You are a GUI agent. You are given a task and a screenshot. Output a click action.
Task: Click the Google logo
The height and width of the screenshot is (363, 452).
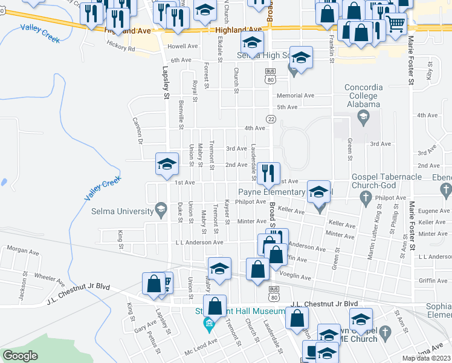pyautogui.click(x=20, y=355)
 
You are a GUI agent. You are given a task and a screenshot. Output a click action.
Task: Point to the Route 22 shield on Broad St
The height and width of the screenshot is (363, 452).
pyautogui.click(x=271, y=119)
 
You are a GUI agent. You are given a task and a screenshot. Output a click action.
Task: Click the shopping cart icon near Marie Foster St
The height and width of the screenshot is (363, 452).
pyautogui.click(x=396, y=24)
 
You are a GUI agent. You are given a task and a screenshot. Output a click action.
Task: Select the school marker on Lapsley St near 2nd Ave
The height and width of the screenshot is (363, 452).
pyautogui.click(x=167, y=163)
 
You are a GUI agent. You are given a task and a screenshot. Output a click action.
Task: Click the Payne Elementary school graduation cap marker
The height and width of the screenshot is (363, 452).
pyautogui.click(x=319, y=192)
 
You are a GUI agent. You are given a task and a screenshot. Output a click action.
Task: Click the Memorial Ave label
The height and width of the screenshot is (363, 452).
pyautogui.click(x=295, y=96)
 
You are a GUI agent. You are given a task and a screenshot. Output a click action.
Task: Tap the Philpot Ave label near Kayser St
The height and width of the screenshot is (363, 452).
pyautogui.click(x=251, y=202)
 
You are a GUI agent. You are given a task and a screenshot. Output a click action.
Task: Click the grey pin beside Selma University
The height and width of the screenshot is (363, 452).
pyautogui.click(x=161, y=211)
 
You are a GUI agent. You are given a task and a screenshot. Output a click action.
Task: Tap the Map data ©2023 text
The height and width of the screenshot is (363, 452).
pyautogui.click(x=425, y=358)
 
